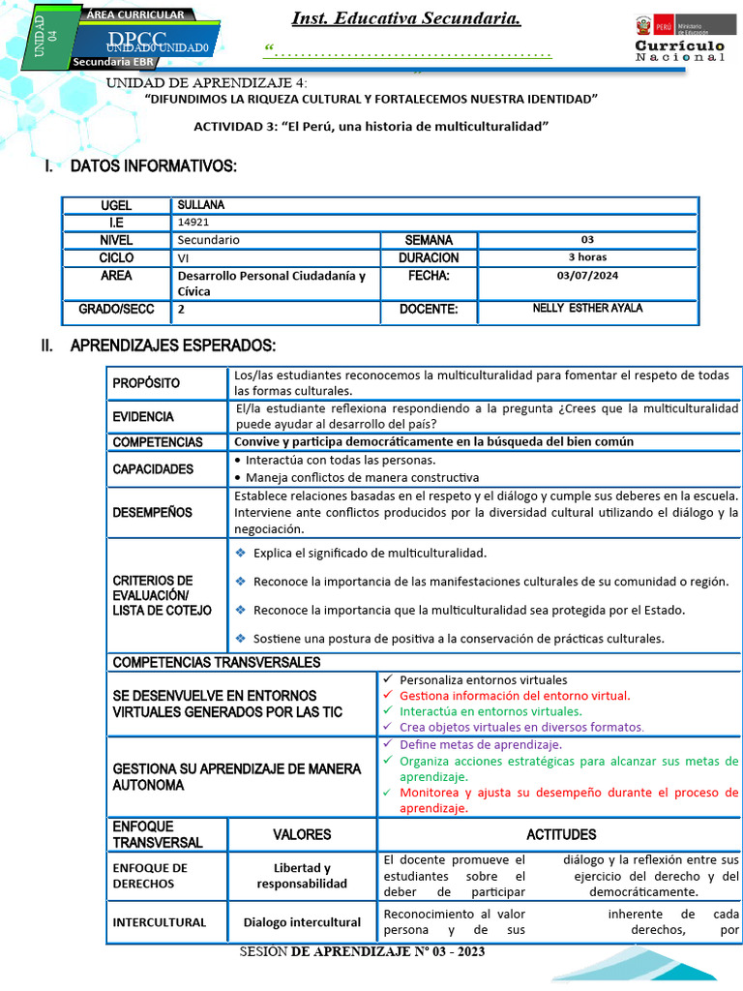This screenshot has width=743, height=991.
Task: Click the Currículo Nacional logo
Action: coord(679,40)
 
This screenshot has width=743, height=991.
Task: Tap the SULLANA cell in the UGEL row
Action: coord(201,206)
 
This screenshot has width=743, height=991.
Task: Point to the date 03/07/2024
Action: coord(587,276)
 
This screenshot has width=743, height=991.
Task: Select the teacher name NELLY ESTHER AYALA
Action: coord(587,309)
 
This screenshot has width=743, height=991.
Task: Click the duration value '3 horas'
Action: coord(587,257)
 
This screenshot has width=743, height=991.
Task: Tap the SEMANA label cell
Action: coord(428,240)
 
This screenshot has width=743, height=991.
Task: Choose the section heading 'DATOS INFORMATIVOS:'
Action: coord(153,166)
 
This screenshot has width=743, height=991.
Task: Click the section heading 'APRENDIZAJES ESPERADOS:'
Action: coord(173,346)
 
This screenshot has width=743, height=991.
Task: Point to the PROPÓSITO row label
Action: coord(146,383)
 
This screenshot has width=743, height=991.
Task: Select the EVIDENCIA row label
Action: coord(143,417)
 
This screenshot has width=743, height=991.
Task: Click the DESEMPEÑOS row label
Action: coord(152,513)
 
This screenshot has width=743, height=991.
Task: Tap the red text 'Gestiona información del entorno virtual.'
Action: coord(514,695)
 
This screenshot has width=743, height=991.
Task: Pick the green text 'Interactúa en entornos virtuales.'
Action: coord(496,710)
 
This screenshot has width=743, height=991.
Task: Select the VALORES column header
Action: coord(302,834)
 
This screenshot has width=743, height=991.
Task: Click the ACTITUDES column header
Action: coord(560,834)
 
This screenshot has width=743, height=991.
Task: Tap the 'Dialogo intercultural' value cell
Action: coord(302,922)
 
